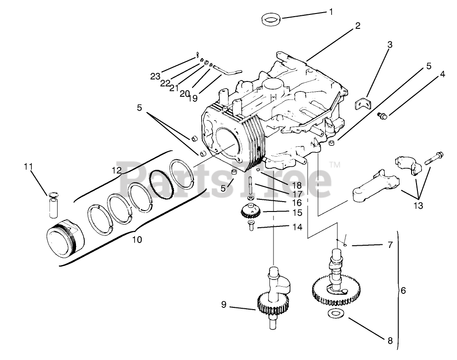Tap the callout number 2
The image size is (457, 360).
click(x=358, y=26)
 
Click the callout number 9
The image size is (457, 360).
click(x=224, y=305)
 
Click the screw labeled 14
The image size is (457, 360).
click(x=251, y=226)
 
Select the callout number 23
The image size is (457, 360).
click(x=155, y=76)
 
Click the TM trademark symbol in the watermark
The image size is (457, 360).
click(x=334, y=165)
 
